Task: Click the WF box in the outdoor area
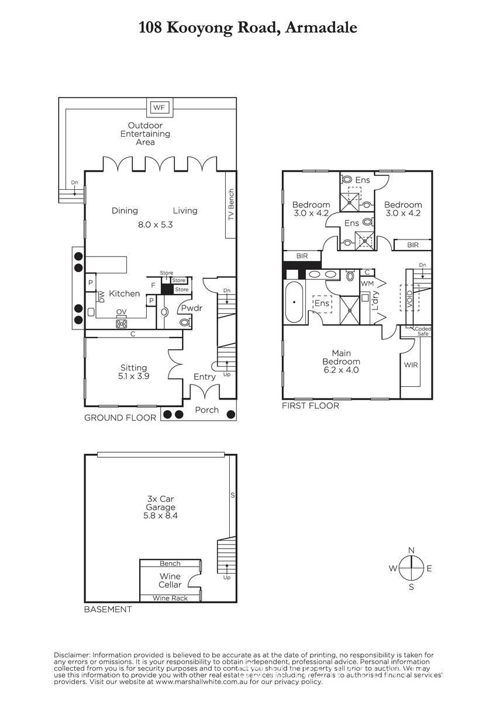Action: [159, 107]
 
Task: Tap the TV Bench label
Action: [231, 204]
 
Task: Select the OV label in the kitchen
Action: [121, 312]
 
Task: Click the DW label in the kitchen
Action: [102, 297]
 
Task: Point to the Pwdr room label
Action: [192, 308]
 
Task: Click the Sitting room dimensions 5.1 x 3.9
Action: [134, 376]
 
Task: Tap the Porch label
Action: [207, 410]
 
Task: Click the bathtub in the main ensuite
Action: [294, 303]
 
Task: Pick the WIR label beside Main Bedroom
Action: [411, 365]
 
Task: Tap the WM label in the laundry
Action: [367, 283]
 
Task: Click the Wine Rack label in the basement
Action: [170, 598]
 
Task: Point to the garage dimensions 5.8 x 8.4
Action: [160, 515]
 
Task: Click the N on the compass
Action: [412, 550]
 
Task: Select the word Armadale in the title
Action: [321, 27]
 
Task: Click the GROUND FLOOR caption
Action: [120, 418]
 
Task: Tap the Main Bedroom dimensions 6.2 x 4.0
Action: [341, 370]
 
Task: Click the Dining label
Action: [125, 211]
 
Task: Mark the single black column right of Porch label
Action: [231, 414]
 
